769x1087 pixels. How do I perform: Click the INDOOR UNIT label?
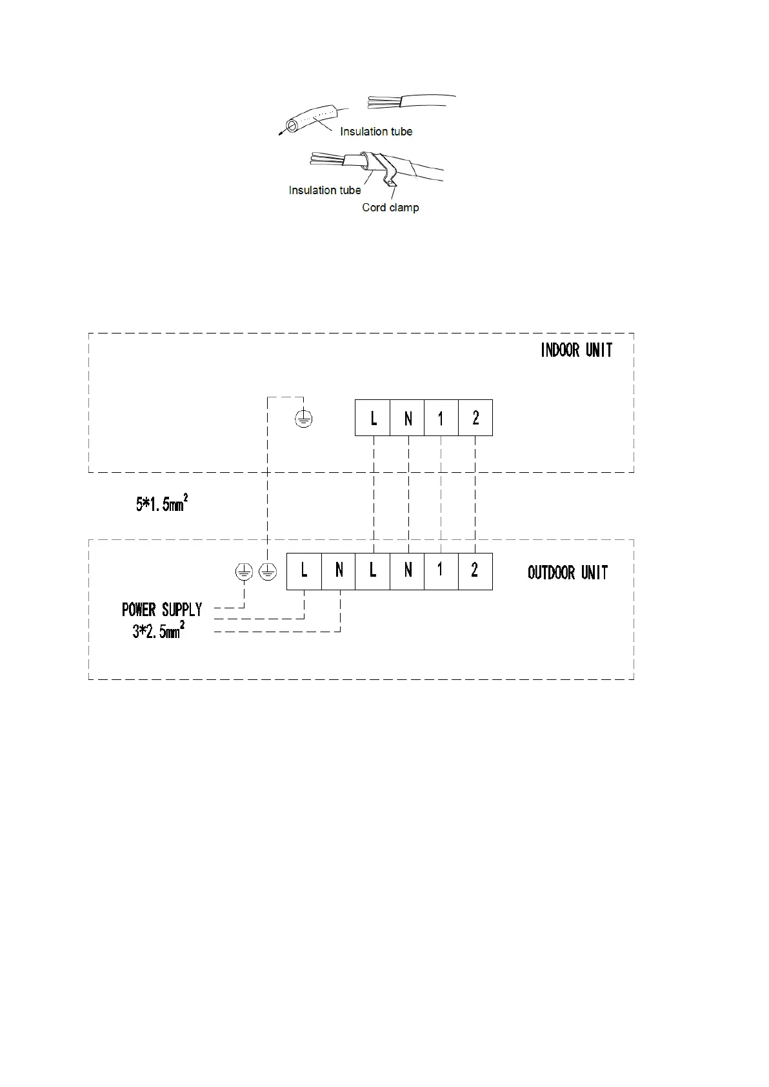click(576, 350)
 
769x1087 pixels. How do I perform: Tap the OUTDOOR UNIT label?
click(567, 572)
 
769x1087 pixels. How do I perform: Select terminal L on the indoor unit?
click(372, 418)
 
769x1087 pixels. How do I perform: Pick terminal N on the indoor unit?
click(407, 418)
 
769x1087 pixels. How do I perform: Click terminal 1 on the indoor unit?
click(441, 418)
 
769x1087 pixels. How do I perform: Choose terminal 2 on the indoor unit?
click(475, 418)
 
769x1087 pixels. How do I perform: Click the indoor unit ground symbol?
click(304, 419)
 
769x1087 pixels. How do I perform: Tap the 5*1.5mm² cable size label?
click(161, 503)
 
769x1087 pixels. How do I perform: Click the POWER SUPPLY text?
click(162, 610)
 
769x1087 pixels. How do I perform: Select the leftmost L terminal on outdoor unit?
click(304, 571)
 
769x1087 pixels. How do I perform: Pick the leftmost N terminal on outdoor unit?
click(339, 571)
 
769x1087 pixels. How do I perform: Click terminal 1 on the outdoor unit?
click(441, 571)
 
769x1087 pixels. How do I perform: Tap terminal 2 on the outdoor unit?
click(475, 571)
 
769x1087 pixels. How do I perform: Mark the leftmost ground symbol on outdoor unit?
click(243, 572)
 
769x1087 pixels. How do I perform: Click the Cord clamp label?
click(390, 208)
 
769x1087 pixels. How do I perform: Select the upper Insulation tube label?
click(376, 132)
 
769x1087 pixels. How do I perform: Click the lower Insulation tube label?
click(325, 190)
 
